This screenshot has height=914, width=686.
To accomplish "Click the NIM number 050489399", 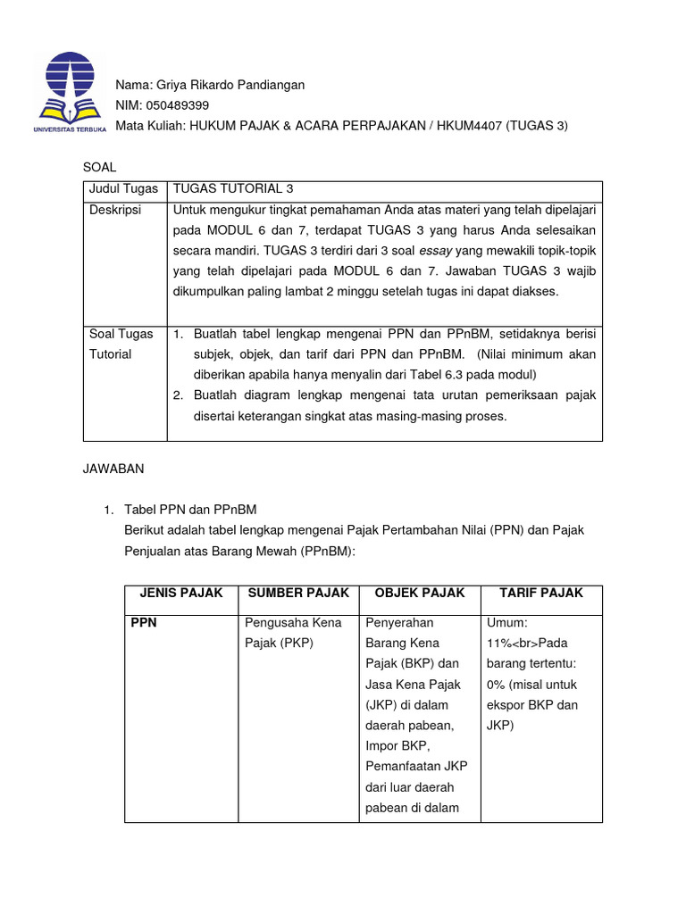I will coord(171,105).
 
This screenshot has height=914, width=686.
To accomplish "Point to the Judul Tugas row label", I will coord(123,188).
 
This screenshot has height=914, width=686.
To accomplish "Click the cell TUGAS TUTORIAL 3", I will coord(232,188).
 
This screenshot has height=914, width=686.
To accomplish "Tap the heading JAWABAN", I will coord(113,467).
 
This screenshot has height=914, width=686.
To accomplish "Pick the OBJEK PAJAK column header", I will coord(420,593).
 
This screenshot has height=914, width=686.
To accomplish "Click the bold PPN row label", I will coord(143,622).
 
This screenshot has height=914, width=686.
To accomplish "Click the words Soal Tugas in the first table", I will coord(121,334).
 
